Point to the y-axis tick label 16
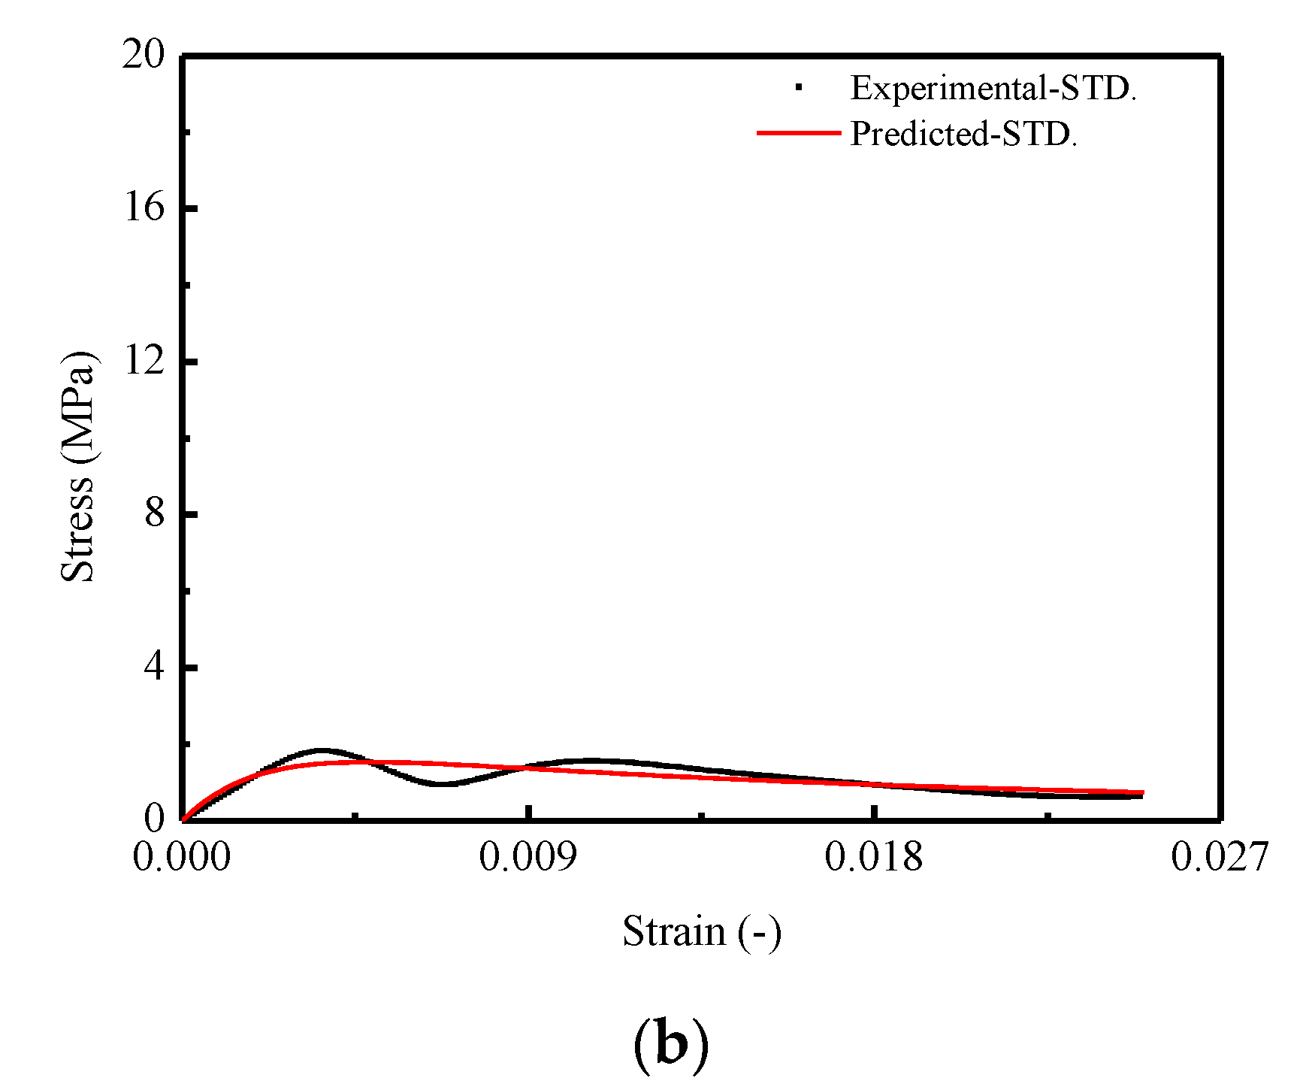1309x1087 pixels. pyautogui.click(x=143, y=207)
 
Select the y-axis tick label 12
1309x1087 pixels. pyautogui.click(x=143, y=360)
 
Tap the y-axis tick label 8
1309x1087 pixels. pyautogui.click(x=154, y=513)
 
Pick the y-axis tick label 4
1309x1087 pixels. pyautogui.click(x=154, y=666)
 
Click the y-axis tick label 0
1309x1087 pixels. pyautogui.click(x=154, y=818)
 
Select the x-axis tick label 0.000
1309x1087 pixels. pyautogui.click(x=182, y=857)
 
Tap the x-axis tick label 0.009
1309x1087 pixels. pyautogui.click(x=528, y=857)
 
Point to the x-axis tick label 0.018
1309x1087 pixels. pyautogui.click(x=873, y=857)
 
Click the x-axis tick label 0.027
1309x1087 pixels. pyautogui.click(x=1220, y=857)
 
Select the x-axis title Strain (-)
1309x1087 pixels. pyautogui.click(x=702, y=932)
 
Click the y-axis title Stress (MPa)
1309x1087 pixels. pyautogui.click(x=78, y=466)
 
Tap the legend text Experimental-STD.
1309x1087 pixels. pyautogui.click(x=993, y=89)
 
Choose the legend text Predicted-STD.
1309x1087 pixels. pyautogui.click(x=963, y=135)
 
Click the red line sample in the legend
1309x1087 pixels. pyautogui.click(x=798, y=133)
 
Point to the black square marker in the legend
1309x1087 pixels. pyautogui.click(x=798, y=88)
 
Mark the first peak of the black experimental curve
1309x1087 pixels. pyautogui.click(x=322, y=750)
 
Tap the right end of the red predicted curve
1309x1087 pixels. pyautogui.click(x=1142, y=792)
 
